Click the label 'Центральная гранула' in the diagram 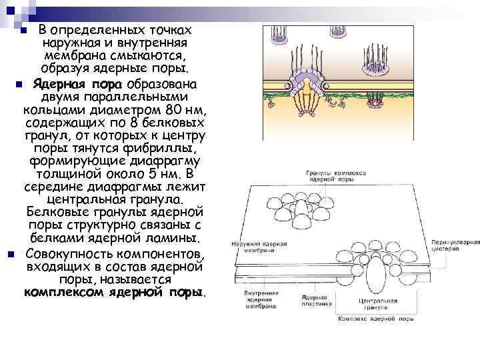(x=378, y=305)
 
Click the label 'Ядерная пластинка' (x=317, y=301)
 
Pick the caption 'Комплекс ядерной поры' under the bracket (x=375, y=319)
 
